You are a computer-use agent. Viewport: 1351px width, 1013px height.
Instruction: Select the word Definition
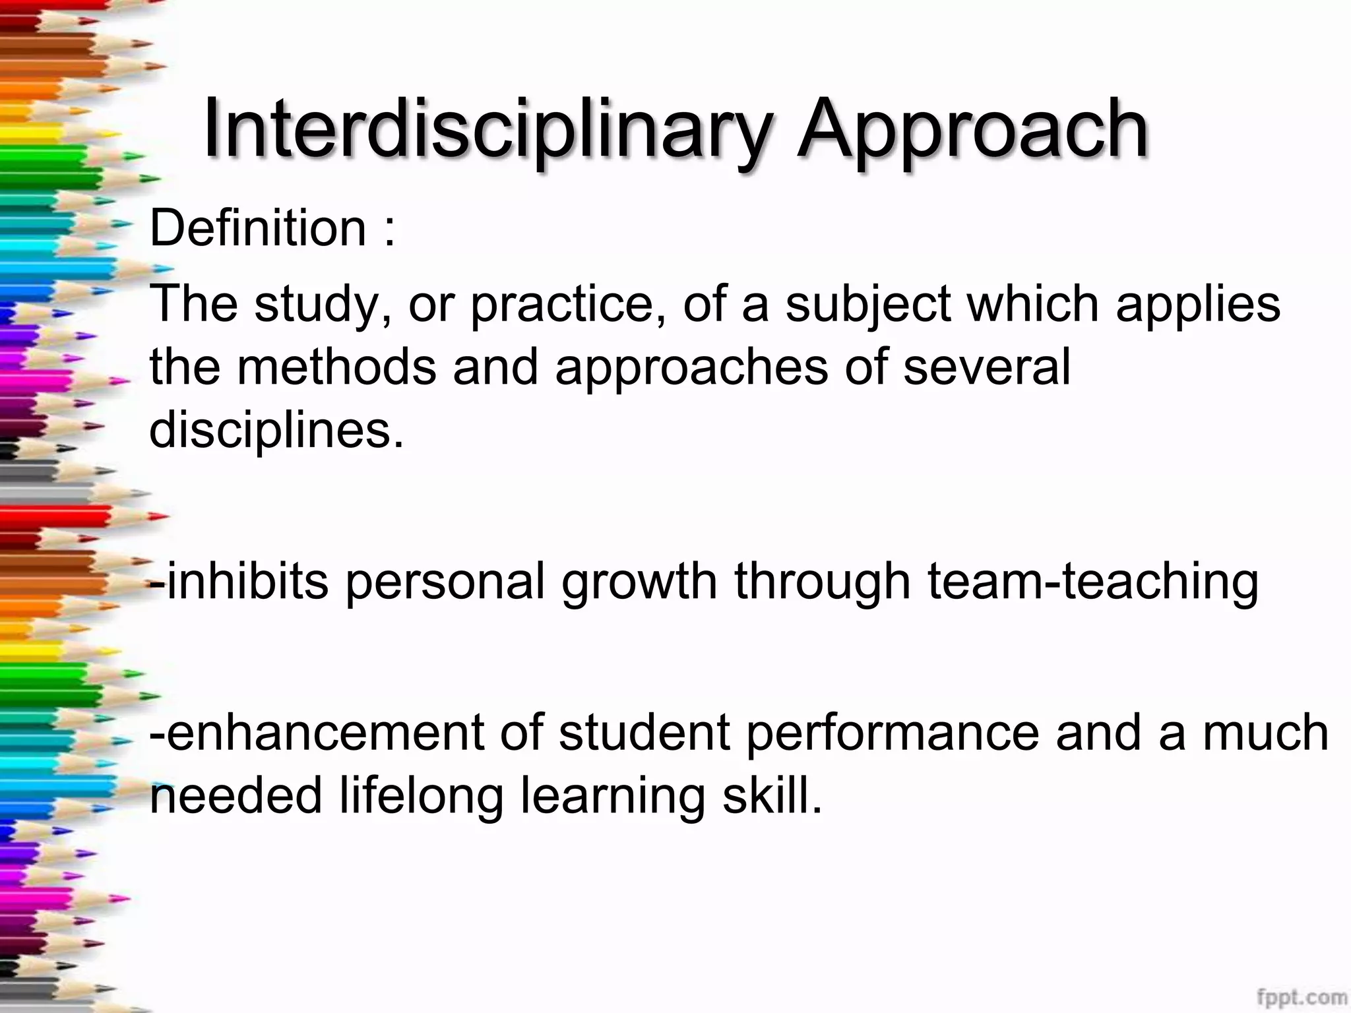[258, 228]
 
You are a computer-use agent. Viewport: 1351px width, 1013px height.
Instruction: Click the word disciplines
[276, 430]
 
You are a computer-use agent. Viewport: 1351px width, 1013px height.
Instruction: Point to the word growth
[639, 582]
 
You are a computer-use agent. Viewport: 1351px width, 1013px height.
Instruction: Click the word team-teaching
[1093, 582]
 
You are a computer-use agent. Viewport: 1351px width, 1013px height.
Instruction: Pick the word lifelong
[422, 795]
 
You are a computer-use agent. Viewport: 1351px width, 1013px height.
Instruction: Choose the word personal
[445, 582]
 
